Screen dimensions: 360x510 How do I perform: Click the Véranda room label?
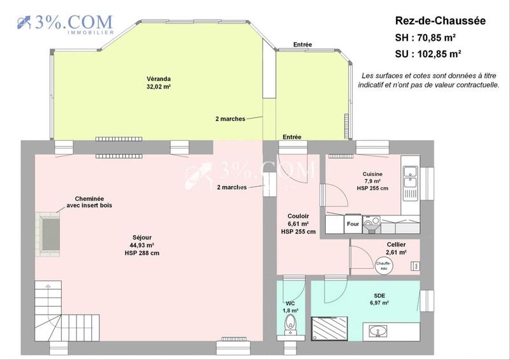(x=158, y=82)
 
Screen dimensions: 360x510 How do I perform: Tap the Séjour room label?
(x=142, y=245)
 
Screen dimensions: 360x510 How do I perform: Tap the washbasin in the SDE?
(x=377, y=331)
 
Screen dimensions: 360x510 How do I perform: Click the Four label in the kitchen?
(x=353, y=224)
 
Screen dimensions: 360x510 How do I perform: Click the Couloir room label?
(x=298, y=224)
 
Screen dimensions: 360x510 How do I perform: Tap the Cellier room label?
(x=396, y=248)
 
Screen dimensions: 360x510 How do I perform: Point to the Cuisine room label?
(x=372, y=180)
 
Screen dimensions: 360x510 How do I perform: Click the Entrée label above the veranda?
(x=302, y=45)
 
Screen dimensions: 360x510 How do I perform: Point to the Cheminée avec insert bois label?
(x=89, y=202)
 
